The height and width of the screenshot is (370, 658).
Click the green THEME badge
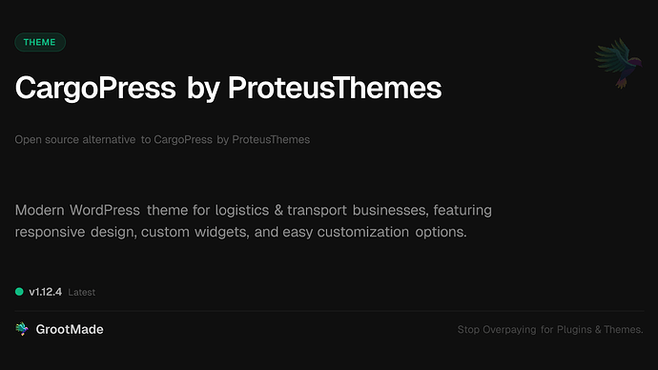coord(40,42)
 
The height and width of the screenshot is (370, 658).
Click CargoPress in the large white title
coord(95,89)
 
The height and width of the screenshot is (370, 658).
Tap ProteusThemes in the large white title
coord(335,89)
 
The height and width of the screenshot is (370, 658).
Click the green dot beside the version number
coord(19,292)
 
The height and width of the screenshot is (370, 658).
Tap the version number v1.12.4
coord(46,292)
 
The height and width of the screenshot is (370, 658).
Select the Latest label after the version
coord(82,293)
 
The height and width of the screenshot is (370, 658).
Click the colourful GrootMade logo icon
coord(21,329)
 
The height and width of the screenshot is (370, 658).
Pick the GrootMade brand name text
coord(70,329)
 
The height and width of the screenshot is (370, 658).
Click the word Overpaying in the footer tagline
coord(512,330)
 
